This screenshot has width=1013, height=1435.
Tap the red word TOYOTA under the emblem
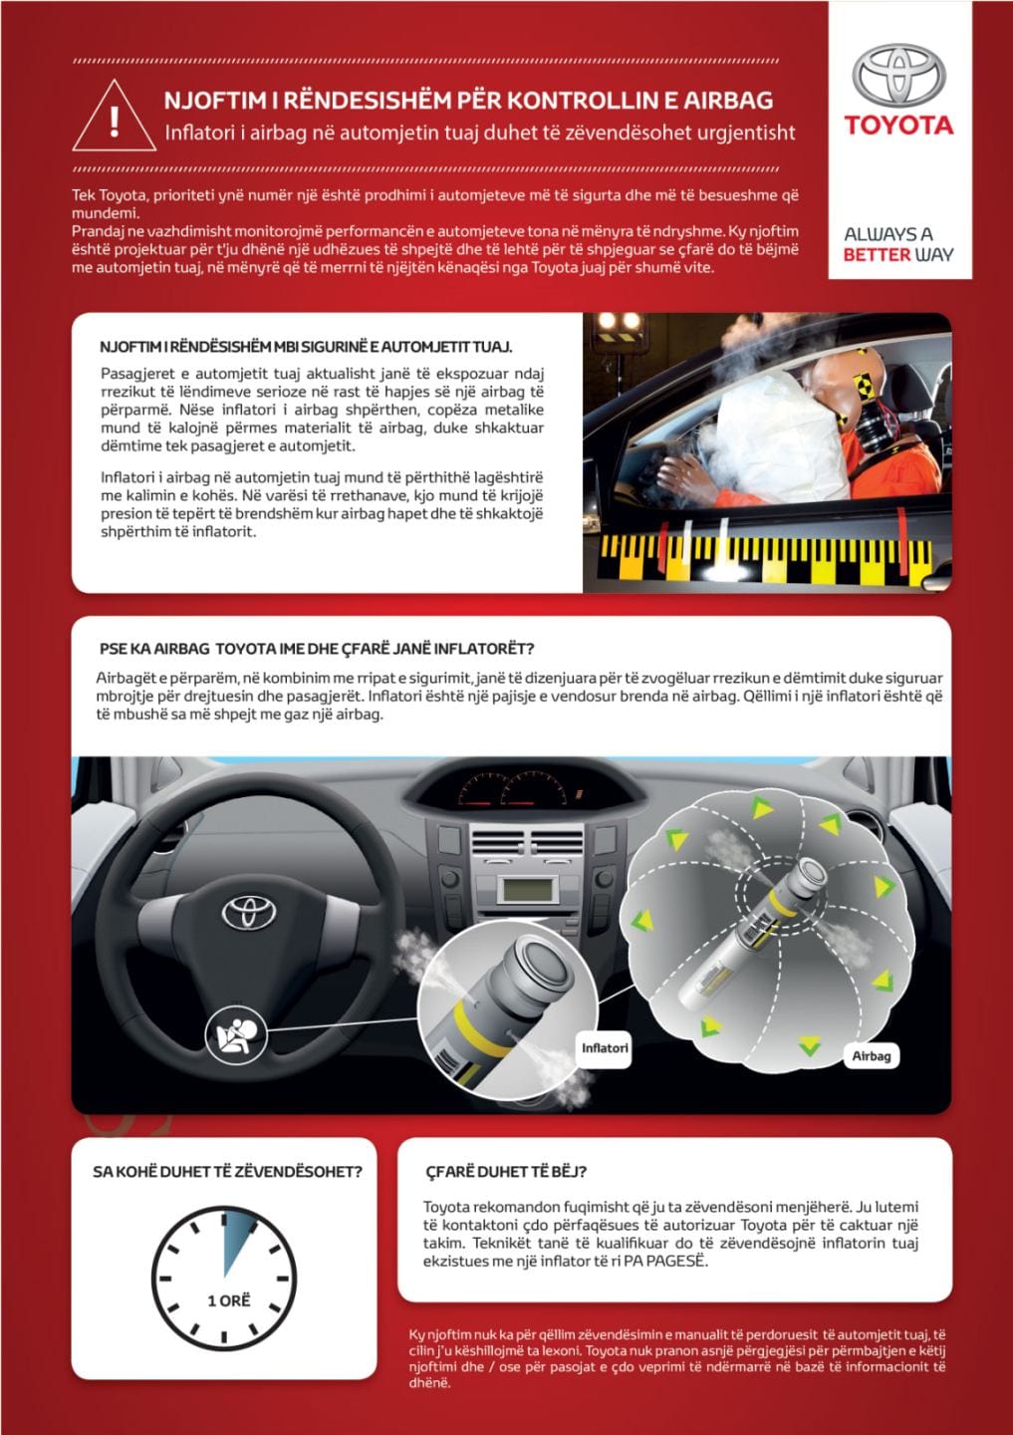[x=898, y=126]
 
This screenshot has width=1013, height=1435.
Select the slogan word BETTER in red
[x=877, y=255]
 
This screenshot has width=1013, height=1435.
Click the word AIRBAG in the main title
[x=732, y=100]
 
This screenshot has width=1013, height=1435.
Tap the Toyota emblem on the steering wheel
[x=241, y=912]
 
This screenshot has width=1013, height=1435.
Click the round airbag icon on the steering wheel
[x=235, y=1036]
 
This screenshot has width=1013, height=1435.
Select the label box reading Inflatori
[x=605, y=1048]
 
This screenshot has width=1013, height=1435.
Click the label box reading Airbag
[x=871, y=1055]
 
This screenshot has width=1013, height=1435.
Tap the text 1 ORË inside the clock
[x=228, y=1300]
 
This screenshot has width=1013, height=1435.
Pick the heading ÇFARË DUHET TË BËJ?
[x=505, y=1172]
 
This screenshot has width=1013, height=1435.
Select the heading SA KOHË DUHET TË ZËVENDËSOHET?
[x=227, y=1172]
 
